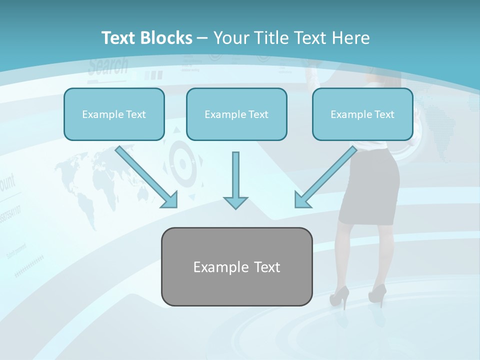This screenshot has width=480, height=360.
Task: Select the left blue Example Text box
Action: point(114,114)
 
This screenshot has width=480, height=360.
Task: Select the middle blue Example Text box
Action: point(236,114)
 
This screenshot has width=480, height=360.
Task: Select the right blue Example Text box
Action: point(362,114)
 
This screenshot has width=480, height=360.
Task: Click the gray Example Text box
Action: point(236,266)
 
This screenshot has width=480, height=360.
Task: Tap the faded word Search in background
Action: point(108,66)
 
